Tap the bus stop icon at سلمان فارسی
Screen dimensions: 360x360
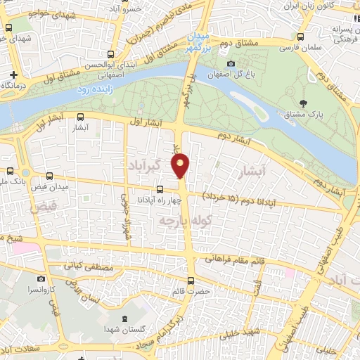(301, 37)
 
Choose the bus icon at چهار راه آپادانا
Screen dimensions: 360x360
(160, 188)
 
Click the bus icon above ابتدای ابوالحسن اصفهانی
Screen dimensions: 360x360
(110, 53)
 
